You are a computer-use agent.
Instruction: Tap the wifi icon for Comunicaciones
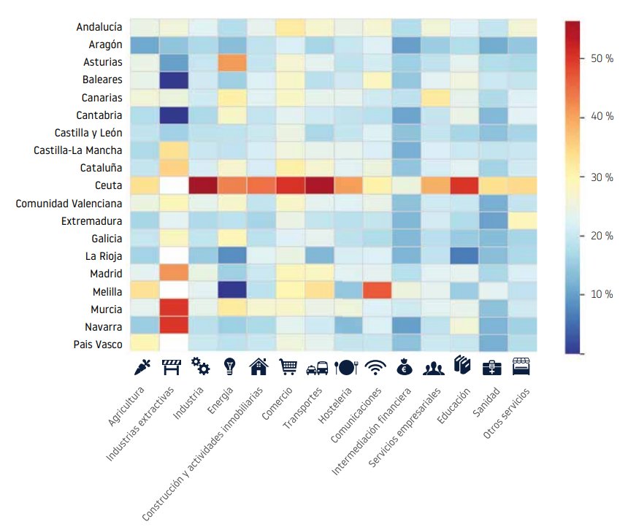click(375, 366)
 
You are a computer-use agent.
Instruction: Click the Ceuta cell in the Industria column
click(201, 185)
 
